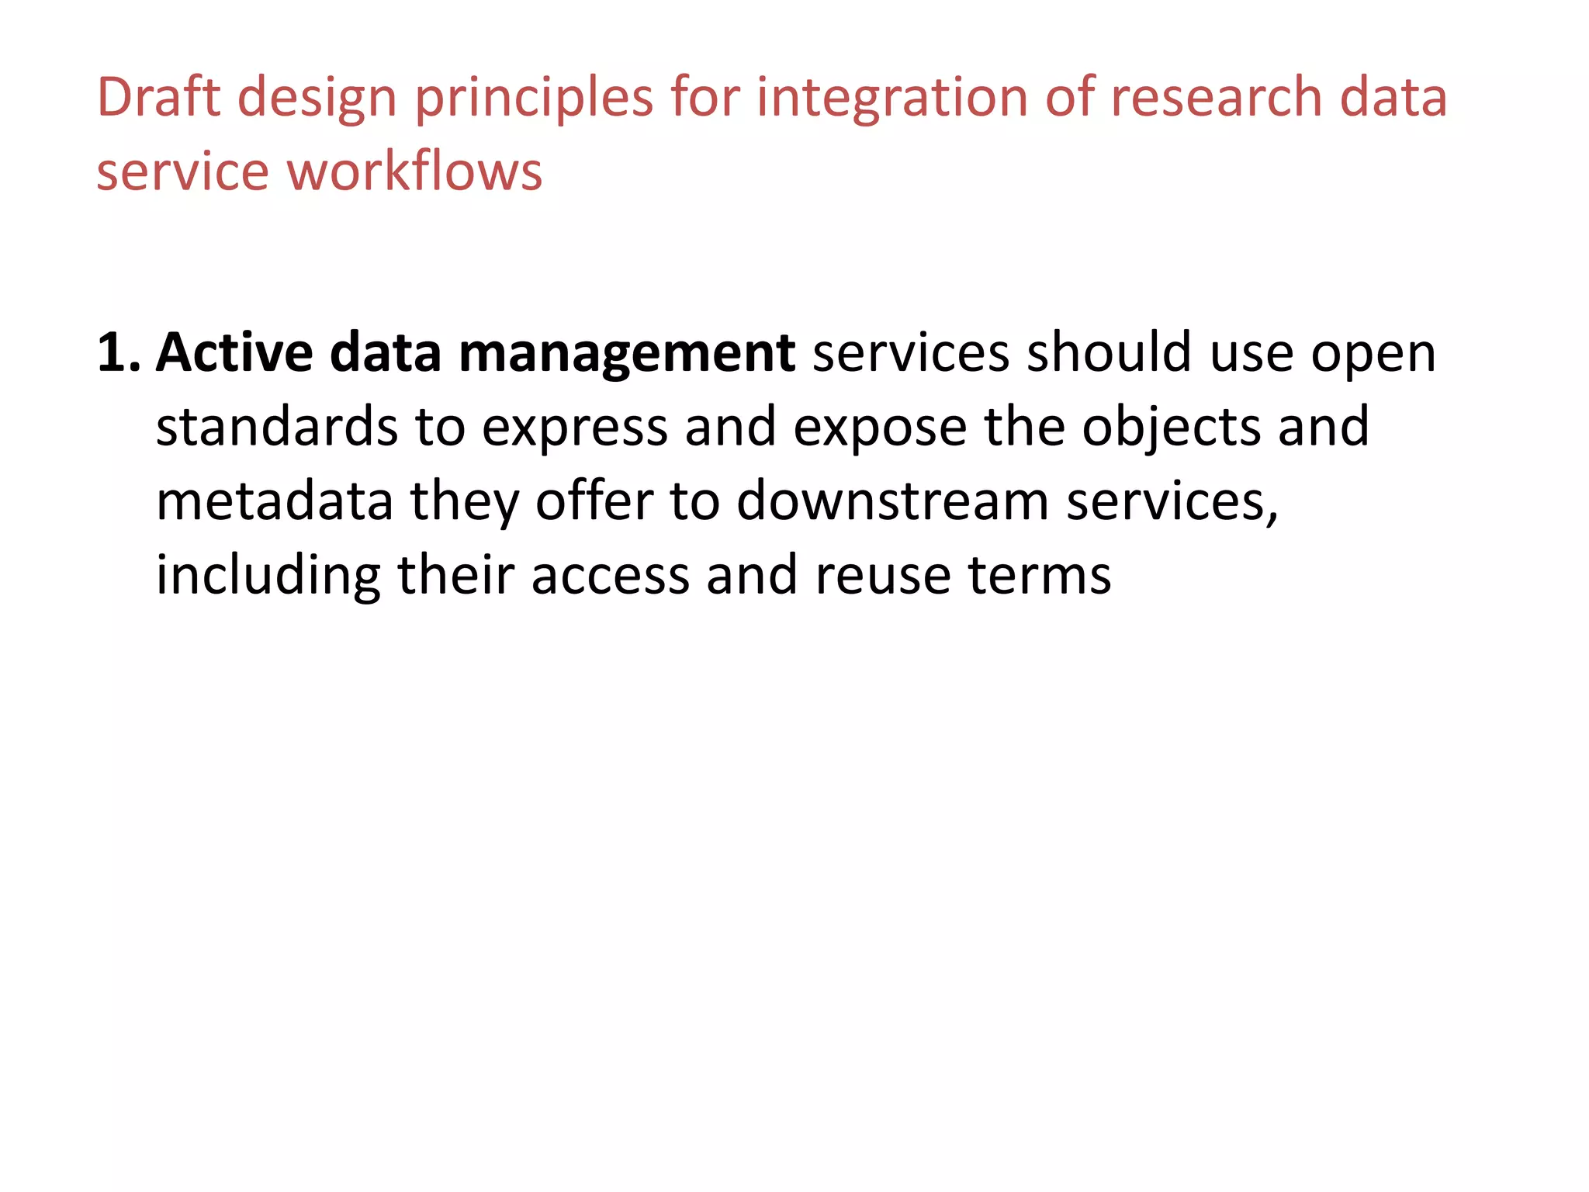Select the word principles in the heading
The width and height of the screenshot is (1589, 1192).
point(534,99)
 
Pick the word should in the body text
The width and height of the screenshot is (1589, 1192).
point(1109,353)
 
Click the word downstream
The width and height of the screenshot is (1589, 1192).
point(892,501)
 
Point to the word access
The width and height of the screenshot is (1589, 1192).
point(610,576)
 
